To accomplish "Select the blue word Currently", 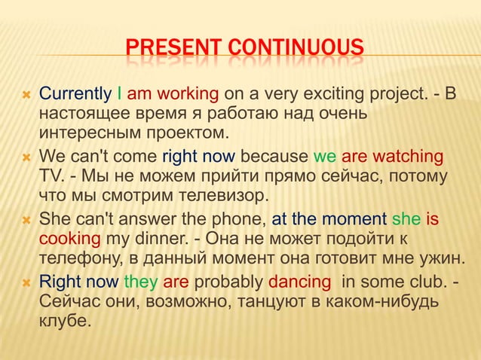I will click(75, 95).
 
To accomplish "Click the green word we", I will click(324, 157).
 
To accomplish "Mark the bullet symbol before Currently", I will click(23, 96).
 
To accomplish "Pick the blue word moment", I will click(356, 220).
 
